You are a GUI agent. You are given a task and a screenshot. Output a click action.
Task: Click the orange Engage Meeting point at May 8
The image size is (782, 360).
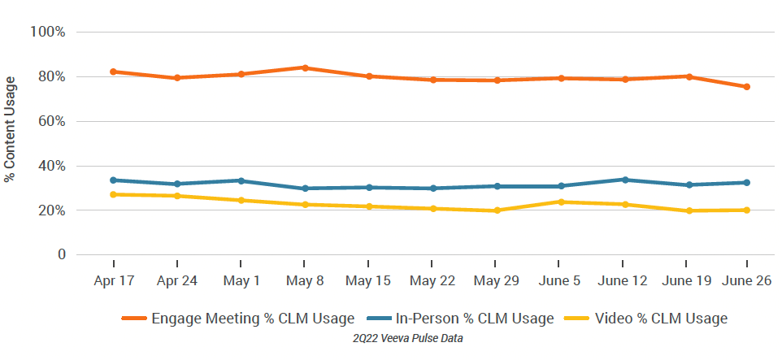pyautogui.click(x=305, y=67)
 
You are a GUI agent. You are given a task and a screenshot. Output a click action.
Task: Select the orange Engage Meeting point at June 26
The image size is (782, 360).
pyautogui.click(x=747, y=87)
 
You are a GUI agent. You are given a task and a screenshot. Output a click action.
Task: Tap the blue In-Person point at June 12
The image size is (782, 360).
pyautogui.click(x=623, y=180)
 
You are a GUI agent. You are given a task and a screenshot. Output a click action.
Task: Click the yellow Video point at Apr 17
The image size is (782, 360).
pyautogui.click(x=114, y=194)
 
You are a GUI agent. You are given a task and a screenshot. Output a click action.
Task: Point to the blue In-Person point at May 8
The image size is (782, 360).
pyautogui.click(x=305, y=189)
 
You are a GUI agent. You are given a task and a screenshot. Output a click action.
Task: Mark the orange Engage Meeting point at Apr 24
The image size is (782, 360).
pyautogui.click(x=177, y=78)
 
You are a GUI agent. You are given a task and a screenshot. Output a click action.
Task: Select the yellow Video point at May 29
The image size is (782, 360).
pyautogui.click(x=496, y=210)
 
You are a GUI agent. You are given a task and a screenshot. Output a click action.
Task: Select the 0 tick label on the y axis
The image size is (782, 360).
pyautogui.click(x=61, y=255)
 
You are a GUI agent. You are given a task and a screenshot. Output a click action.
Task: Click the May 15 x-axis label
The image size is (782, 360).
pyautogui.click(x=368, y=280)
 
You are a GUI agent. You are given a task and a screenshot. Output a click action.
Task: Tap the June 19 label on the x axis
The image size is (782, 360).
pyautogui.click(x=687, y=280)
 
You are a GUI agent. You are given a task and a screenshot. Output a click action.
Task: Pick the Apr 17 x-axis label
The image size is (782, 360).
pyautogui.click(x=114, y=280)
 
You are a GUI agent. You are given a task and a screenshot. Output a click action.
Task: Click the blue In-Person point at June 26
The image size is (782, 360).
pyautogui.click(x=747, y=182)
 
